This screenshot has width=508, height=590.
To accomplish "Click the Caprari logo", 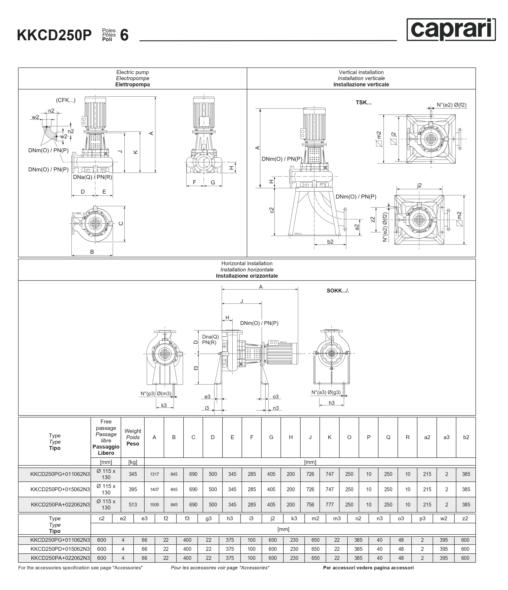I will tap(451, 30).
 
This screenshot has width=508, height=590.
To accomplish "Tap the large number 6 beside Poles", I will tap(124, 36).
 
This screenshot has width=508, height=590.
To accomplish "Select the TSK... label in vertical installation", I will tap(363, 102).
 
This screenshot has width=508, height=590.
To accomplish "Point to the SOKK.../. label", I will tap(338, 291).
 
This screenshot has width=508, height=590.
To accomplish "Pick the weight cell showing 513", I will tap(133, 505).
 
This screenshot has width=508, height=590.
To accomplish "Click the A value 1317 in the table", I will tap(154, 474).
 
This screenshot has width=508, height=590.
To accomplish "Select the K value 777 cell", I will tap(330, 505).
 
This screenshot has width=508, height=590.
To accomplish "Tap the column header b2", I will tap(466, 437).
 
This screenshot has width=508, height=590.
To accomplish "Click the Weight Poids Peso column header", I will tap(133, 437).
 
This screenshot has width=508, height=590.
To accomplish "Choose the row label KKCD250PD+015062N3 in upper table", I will tap(60, 489).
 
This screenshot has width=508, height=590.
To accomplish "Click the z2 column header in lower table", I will tap(465, 518).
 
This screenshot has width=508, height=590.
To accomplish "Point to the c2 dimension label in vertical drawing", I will tap(272, 210).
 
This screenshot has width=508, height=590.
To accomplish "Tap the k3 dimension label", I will tap(164, 405).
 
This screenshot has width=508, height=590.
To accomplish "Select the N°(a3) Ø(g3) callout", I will tap(326, 392).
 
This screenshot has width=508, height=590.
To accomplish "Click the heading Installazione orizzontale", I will tap(247, 276).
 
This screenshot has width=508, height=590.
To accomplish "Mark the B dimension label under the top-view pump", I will tap(92, 252).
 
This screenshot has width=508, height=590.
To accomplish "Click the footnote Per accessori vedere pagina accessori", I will tap(368, 567).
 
